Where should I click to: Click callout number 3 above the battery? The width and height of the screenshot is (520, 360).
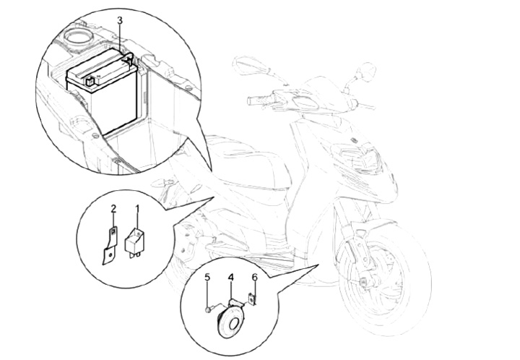coord(120,20)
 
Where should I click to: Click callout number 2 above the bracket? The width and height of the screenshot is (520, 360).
coord(113,209)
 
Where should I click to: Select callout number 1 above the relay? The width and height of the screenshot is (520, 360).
coord(137,209)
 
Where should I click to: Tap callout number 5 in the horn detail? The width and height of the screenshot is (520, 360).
coord(207,277)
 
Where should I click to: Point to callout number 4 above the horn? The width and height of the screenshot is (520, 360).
coord(230,277)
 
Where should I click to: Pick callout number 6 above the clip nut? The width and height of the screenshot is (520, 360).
coord(254,277)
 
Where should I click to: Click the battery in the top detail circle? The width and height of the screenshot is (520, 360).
coord(102,93)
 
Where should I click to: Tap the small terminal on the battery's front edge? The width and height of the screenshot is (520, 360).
coord(89,81)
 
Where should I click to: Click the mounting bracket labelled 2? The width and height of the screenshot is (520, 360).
coord(109,247)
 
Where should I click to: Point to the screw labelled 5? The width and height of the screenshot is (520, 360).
coord(208,309)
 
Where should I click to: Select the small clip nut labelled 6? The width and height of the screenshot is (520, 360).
coord(253,299)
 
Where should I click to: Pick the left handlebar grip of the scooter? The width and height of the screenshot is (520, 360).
coord(259,100)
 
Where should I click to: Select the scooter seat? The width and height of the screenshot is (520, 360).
coord(246,163)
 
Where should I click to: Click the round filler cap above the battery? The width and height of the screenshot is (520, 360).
coord(79,37)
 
